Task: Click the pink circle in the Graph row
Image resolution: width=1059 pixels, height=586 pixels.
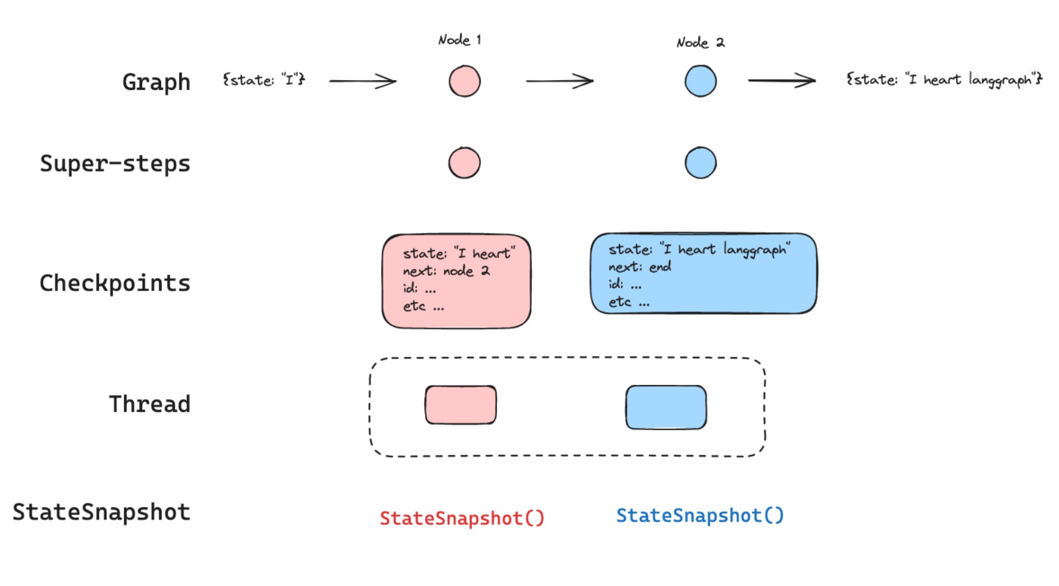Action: [464, 82]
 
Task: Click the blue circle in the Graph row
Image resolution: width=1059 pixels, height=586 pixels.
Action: [700, 81]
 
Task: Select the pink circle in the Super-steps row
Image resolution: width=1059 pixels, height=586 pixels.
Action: [464, 163]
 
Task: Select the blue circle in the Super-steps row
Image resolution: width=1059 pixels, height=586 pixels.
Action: [700, 163]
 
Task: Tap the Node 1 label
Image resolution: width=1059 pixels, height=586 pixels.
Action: [460, 40]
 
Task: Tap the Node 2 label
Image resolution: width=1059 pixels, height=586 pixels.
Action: [700, 43]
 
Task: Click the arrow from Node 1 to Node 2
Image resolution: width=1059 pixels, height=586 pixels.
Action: [560, 81]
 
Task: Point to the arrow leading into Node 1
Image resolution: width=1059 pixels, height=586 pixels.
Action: [362, 82]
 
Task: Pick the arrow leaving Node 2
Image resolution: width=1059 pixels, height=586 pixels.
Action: [781, 80]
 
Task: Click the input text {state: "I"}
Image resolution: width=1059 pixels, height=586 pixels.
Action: [264, 79]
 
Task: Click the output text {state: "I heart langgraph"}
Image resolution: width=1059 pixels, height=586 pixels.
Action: [944, 79]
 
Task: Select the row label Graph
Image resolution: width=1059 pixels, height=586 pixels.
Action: [156, 82]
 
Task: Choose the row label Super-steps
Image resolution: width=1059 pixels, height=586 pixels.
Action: [115, 163]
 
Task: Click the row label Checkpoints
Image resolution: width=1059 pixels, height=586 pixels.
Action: [115, 283]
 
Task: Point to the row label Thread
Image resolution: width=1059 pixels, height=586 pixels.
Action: [150, 404]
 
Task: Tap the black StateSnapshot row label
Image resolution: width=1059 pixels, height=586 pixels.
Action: [101, 513]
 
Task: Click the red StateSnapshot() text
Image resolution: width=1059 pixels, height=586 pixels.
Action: [462, 519]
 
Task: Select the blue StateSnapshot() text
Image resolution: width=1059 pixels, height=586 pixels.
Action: [700, 516]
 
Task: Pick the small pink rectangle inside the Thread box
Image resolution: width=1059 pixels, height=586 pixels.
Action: [461, 405]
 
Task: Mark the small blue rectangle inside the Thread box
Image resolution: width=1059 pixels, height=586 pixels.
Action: [666, 408]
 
